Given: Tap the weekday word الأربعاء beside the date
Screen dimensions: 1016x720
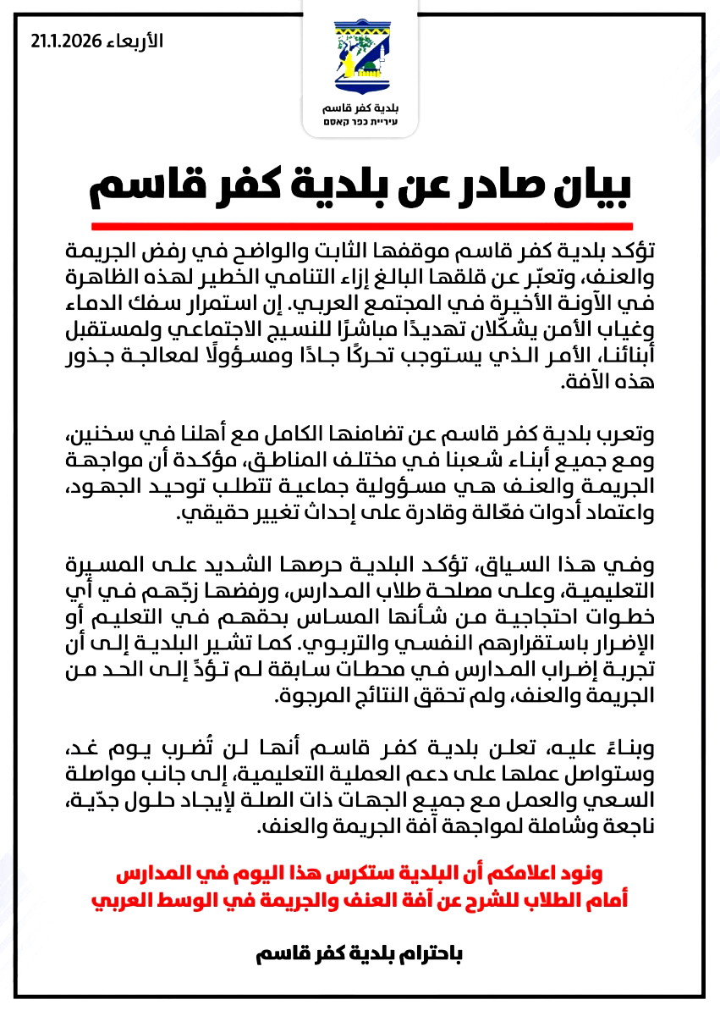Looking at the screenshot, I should pos(133,41).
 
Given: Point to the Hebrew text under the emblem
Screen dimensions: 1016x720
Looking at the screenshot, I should pos(360,124).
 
